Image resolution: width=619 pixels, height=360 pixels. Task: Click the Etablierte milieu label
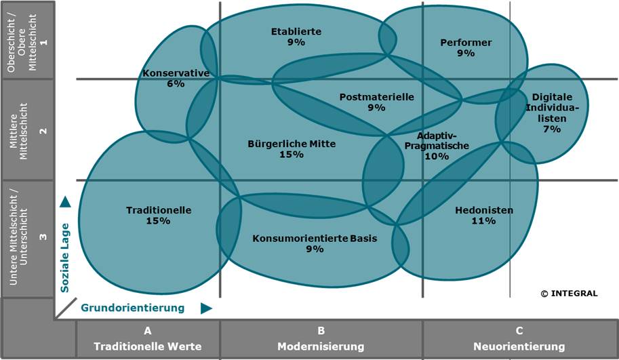(296, 31)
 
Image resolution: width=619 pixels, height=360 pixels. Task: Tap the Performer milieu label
(466, 43)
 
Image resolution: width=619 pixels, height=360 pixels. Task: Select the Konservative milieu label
(176, 73)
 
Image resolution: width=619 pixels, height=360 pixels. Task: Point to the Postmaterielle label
(376, 97)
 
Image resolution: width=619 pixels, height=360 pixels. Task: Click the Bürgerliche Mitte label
(292, 144)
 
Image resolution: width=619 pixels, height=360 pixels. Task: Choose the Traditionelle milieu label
(159, 210)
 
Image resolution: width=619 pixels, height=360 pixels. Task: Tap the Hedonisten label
(484, 210)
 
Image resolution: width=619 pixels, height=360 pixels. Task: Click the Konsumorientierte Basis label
(315, 238)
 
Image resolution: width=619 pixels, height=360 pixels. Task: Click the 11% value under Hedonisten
(484, 221)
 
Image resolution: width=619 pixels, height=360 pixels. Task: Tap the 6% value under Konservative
(176, 84)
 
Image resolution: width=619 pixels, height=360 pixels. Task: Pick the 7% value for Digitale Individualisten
(552, 129)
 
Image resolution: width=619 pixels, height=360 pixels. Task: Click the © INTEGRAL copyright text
(569, 294)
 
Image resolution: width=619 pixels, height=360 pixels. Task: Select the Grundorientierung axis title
(133, 308)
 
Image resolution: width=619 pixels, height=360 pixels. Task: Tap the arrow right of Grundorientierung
(207, 308)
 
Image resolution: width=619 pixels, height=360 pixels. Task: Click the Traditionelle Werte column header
(148, 346)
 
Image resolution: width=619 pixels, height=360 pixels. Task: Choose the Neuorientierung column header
(519, 346)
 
